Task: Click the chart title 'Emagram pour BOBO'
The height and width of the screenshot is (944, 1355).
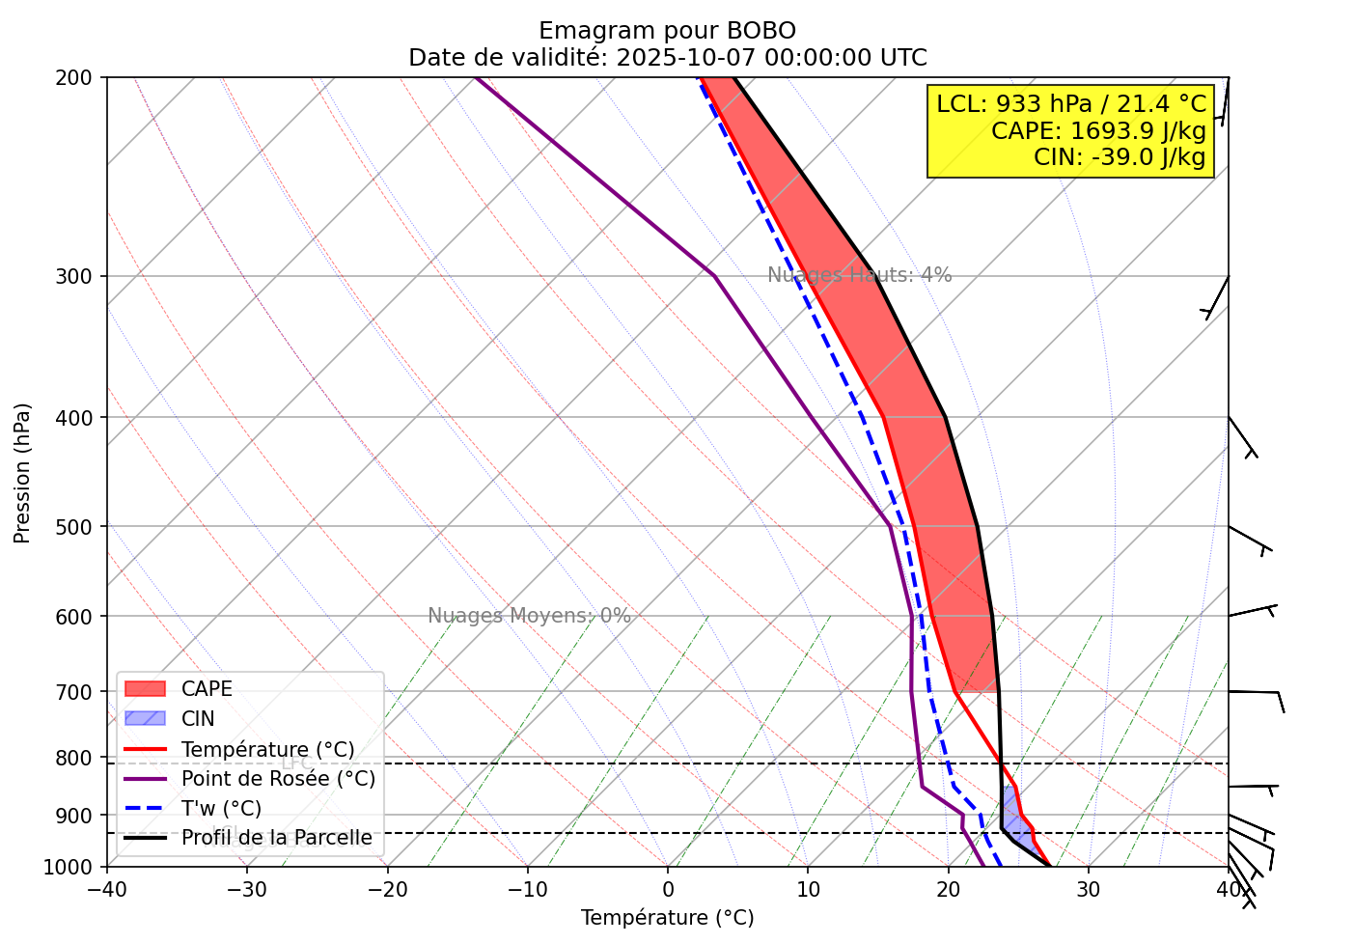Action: click(x=667, y=31)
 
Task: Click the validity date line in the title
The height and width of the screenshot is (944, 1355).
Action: click(x=667, y=58)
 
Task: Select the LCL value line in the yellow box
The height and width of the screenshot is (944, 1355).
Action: click(x=1071, y=104)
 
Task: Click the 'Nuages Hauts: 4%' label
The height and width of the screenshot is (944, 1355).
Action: click(x=859, y=275)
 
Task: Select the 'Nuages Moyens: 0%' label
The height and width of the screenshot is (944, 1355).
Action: click(x=529, y=616)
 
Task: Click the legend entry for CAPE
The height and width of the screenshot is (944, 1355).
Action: click(x=207, y=689)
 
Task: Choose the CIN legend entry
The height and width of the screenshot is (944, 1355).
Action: click(x=198, y=719)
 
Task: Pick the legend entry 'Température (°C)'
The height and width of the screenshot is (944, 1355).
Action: click(x=267, y=750)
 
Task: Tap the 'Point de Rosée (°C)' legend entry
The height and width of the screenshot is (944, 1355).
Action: click(x=278, y=779)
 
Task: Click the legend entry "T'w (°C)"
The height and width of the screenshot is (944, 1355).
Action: click(x=221, y=809)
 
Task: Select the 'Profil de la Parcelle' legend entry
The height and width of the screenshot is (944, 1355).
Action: click(x=276, y=838)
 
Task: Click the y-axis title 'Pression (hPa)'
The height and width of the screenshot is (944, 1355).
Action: click(x=22, y=472)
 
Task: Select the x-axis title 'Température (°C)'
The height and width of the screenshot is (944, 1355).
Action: click(x=667, y=918)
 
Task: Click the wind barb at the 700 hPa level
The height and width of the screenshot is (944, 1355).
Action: click(x=1257, y=694)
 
